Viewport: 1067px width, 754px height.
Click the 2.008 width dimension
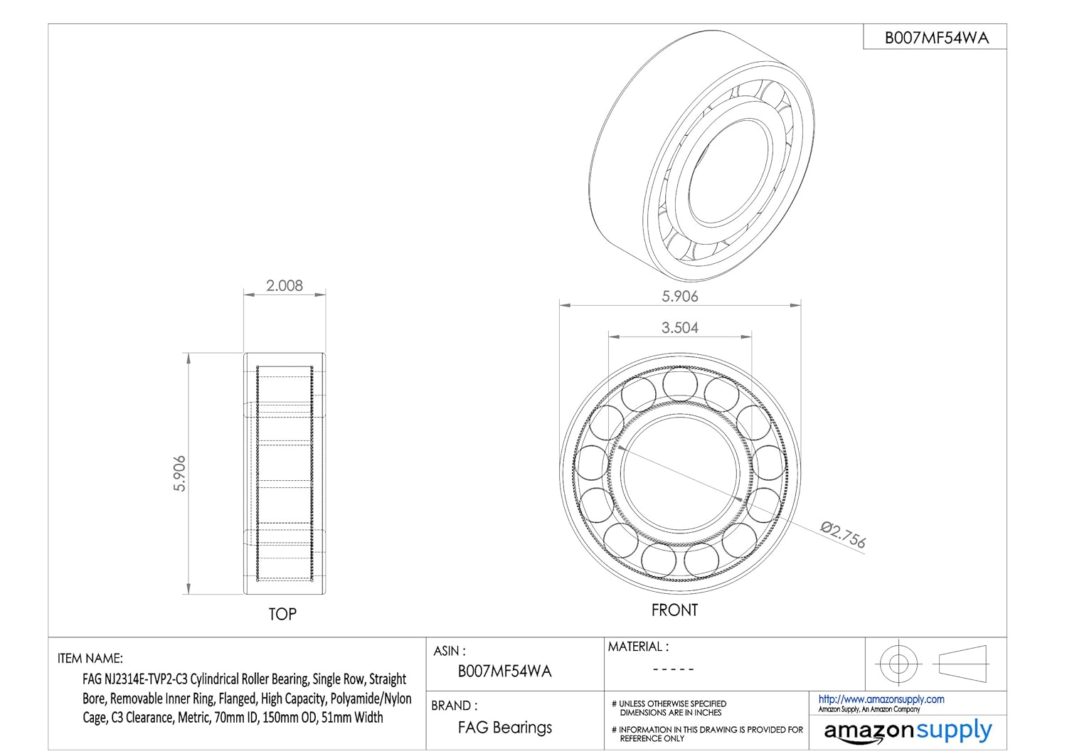(x=285, y=286)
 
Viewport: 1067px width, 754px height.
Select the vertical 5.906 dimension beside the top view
(x=179, y=474)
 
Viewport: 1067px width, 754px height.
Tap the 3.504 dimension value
(x=680, y=328)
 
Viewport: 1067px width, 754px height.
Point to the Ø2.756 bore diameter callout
(x=843, y=535)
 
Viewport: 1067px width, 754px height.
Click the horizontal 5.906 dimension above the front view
(x=680, y=297)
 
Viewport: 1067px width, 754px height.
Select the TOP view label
(x=282, y=615)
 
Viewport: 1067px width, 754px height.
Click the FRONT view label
(x=674, y=610)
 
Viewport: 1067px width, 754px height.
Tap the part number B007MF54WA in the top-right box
(x=937, y=38)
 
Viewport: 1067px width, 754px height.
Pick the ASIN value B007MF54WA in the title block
(x=504, y=671)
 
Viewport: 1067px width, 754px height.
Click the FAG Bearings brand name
(x=505, y=728)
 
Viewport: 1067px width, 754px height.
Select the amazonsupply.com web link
(x=881, y=699)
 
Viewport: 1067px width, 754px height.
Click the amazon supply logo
(x=908, y=731)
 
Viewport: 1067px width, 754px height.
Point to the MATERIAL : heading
(x=638, y=647)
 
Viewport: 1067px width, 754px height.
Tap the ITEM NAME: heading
(x=90, y=658)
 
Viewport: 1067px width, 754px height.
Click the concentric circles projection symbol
(x=898, y=664)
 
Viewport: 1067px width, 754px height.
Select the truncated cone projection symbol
(x=962, y=664)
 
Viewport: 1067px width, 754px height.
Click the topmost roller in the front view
(x=680, y=384)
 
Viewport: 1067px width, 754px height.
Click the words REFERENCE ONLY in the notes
(x=652, y=738)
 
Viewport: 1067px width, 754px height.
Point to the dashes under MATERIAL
(x=673, y=669)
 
